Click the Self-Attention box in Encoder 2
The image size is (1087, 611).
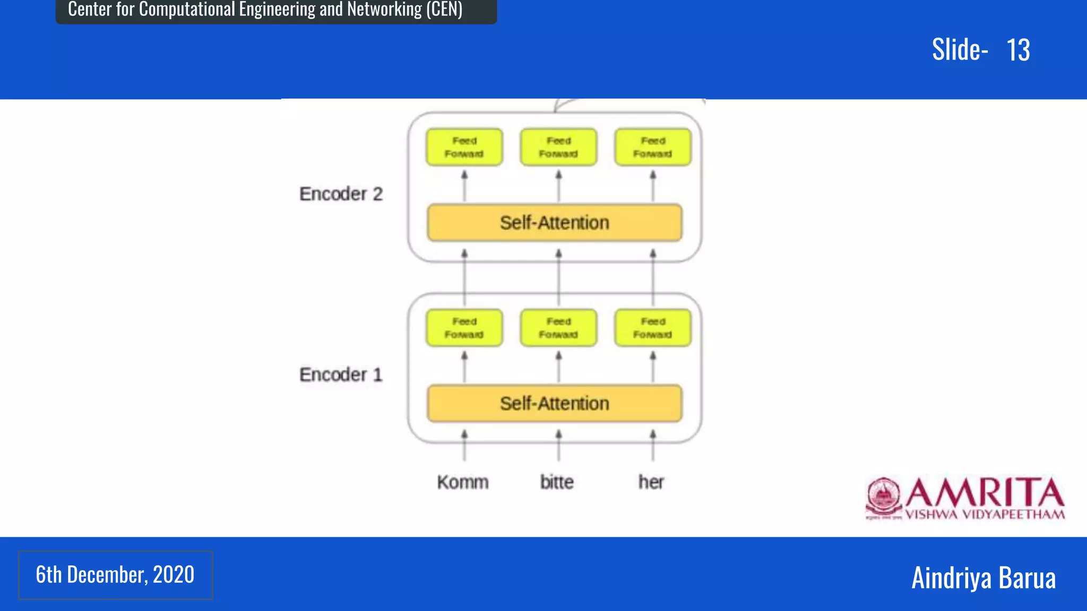pos(555,223)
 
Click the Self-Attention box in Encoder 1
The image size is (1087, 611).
pos(555,404)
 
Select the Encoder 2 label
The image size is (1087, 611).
pos(341,194)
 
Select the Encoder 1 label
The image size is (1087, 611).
pos(341,375)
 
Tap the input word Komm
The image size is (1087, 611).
pos(463,482)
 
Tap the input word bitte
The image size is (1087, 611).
pos(557,482)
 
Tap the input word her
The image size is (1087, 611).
pos(651,482)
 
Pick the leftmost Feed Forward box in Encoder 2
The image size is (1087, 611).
pos(464,147)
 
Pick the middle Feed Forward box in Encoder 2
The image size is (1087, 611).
pos(558,147)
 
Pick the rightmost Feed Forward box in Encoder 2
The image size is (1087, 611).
pos(653,147)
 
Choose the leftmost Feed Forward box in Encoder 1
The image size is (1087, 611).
pos(464,328)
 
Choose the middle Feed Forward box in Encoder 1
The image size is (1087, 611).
pos(558,328)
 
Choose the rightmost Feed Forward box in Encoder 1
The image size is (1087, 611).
pos(653,328)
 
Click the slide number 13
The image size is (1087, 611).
pos(1018,50)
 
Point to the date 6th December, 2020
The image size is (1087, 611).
pos(115,575)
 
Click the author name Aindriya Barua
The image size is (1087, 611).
pos(983,578)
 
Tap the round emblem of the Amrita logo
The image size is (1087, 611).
pos(883,496)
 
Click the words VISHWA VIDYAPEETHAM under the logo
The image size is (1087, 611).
pos(985,514)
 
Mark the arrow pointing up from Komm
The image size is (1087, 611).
pos(464,446)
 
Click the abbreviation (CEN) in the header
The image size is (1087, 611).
pos(444,9)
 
